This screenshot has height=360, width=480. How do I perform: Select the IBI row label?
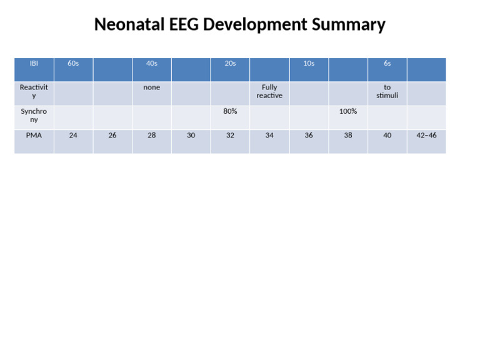coord(34,64)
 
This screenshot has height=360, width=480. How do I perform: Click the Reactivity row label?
coord(34,92)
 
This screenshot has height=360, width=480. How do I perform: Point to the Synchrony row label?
coord(34,115)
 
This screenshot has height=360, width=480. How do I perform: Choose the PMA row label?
coord(34,135)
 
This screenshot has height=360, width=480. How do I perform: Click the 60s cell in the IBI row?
coord(73,64)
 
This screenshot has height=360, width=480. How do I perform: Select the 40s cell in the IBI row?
coord(152,64)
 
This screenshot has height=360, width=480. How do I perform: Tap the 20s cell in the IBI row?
coord(230,64)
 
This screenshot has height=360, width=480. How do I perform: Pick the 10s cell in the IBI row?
coord(309,64)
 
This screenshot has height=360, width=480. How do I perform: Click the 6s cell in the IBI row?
coord(387,64)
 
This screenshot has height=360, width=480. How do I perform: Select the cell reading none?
coord(152,87)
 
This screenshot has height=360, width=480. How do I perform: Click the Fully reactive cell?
coord(269,92)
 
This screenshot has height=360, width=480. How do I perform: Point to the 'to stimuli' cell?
coord(387,92)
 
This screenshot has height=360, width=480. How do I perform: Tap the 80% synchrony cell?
coord(230,111)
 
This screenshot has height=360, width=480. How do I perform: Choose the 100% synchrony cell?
coord(348,111)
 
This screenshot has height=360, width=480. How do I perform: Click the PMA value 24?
coord(73,135)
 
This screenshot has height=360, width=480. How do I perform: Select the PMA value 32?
coord(230,135)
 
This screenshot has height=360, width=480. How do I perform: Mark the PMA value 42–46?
coord(426,135)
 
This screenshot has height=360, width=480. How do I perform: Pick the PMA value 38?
coord(348,135)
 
